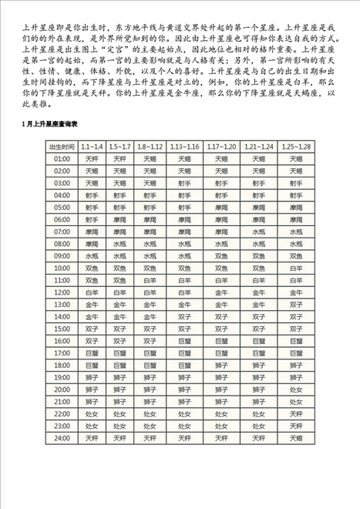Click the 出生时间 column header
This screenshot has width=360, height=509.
click(x=62, y=146)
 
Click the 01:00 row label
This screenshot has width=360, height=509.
click(x=62, y=158)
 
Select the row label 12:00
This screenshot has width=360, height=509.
click(x=62, y=293)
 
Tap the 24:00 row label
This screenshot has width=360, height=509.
click(x=62, y=439)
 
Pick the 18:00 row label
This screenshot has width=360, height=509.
click(x=62, y=366)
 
